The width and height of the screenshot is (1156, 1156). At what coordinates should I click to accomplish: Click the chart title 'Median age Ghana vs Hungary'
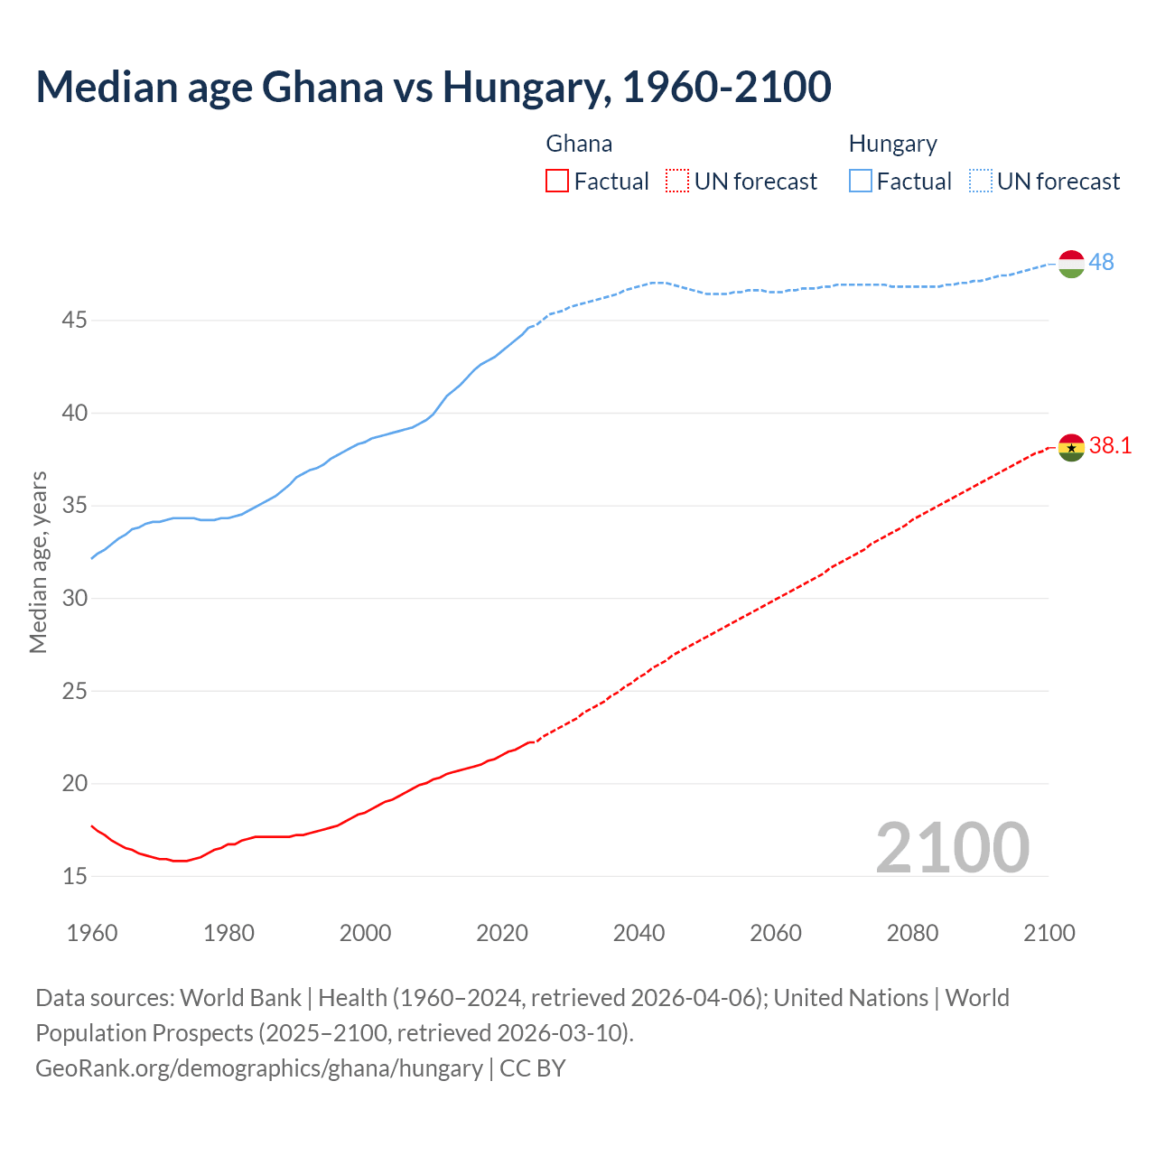click(x=433, y=87)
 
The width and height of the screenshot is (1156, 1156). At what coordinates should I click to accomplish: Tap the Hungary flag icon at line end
click(x=1070, y=264)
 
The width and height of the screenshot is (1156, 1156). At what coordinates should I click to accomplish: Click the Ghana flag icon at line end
click(x=1070, y=447)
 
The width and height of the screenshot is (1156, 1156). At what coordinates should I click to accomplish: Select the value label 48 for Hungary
click(x=1101, y=262)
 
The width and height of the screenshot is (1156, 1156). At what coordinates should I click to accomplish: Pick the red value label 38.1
click(x=1110, y=445)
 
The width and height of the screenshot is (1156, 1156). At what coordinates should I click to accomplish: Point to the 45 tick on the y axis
click(x=75, y=321)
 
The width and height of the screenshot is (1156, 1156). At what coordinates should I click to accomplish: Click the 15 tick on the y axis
click(x=75, y=876)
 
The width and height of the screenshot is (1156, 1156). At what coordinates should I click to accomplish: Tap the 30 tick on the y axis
click(x=75, y=598)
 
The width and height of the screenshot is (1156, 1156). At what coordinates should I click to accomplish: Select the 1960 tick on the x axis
click(x=92, y=933)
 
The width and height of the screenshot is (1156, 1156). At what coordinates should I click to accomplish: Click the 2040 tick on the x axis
click(x=639, y=933)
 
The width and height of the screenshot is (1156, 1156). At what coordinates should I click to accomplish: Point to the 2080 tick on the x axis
click(x=912, y=933)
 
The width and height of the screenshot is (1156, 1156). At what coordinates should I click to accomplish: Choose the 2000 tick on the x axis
click(x=365, y=933)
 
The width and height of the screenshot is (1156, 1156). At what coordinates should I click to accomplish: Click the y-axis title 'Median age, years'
click(x=38, y=562)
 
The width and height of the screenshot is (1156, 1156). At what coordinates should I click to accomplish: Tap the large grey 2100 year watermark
click(x=952, y=847)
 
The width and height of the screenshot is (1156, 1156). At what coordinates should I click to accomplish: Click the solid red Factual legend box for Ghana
click(x=557, y=182)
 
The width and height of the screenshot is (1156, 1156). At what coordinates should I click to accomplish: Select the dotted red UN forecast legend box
click(x=677, y=182)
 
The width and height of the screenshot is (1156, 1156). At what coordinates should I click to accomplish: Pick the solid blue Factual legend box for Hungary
click(x=861, y=182)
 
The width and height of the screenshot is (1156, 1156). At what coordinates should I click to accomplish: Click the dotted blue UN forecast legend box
click(x=981, y=182)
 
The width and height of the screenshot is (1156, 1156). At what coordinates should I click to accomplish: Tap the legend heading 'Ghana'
click(x=579, y=144)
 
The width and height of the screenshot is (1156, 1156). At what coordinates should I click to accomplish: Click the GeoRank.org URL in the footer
click(x=259, y=1068)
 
